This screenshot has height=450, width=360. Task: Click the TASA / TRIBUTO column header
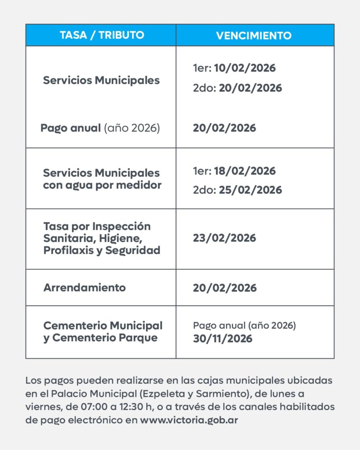101,35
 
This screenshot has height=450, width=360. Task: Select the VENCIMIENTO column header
254,36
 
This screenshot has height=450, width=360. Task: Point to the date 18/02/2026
245,171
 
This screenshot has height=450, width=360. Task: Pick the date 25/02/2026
251,190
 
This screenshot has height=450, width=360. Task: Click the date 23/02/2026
224,238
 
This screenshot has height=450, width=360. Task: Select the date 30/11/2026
222,339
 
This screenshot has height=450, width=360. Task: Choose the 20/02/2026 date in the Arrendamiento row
224,288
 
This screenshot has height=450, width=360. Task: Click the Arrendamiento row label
84,288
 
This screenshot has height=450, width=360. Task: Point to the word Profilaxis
73,250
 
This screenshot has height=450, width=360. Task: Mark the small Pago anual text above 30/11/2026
244,326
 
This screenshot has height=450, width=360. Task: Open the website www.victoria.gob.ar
189,420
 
